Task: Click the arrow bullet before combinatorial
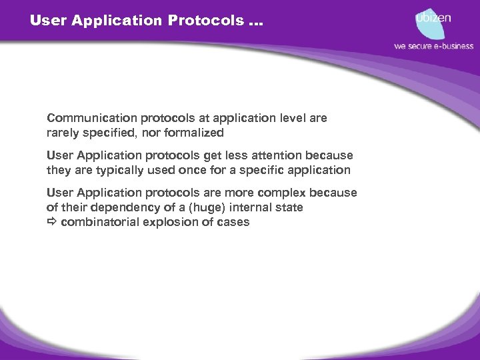(x=52, y=222)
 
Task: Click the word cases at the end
(x=233, y=222)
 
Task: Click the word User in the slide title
(x=46, y=20)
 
